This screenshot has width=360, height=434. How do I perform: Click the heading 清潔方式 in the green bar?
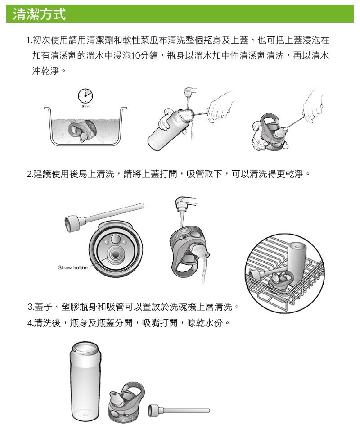[39, 14]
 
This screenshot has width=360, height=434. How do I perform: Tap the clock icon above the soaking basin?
[85, 96]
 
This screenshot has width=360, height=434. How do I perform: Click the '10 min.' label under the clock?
[85, 106]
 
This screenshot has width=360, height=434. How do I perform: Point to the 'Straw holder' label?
[73, 267]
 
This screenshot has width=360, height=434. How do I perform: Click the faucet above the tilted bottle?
[189, 91]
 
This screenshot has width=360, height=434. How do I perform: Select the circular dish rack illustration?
[285, 273]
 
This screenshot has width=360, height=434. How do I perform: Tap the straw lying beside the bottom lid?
[179, 410]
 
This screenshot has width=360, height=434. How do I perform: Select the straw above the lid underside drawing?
[104, 217]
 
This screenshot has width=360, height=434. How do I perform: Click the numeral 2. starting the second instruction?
[30, 174]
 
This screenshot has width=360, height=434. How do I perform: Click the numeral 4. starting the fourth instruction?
[31, 323]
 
